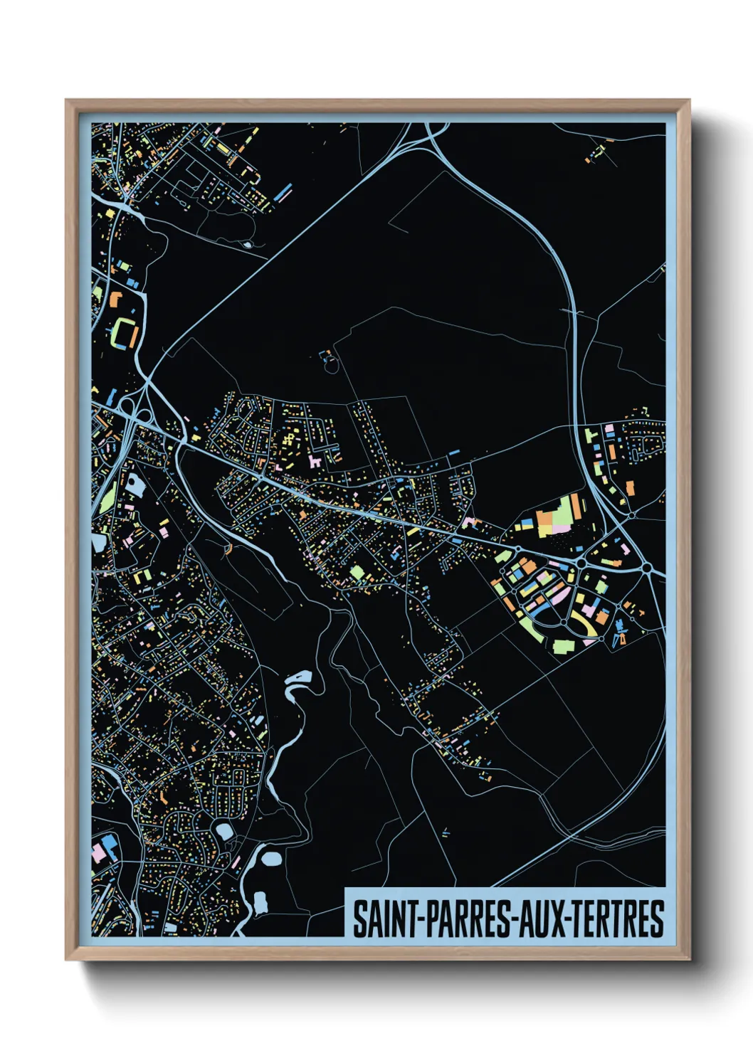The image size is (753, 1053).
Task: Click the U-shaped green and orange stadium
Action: pyautogui.click(x=124, y=333)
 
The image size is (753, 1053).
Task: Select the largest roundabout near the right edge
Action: pyautogui.click(x=648, y=568)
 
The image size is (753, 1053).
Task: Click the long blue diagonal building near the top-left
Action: pyautogui.click(x=284, y=192)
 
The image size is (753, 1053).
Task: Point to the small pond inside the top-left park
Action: pyautogui.click(x=247, y=244)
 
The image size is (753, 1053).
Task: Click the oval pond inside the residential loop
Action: pyautogui.click(x=223, y=830)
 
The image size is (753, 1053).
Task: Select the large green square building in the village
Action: pyautogui.click(x=357, y=572)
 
